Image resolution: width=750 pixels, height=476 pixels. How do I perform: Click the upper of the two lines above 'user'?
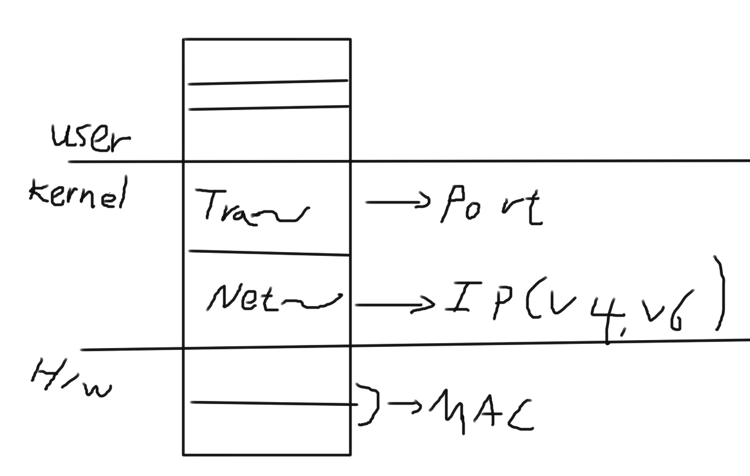tap(268, 82)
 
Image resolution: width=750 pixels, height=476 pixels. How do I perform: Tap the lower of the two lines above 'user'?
tap(268, 108)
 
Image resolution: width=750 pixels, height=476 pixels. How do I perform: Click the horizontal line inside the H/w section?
tap(270, 403)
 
